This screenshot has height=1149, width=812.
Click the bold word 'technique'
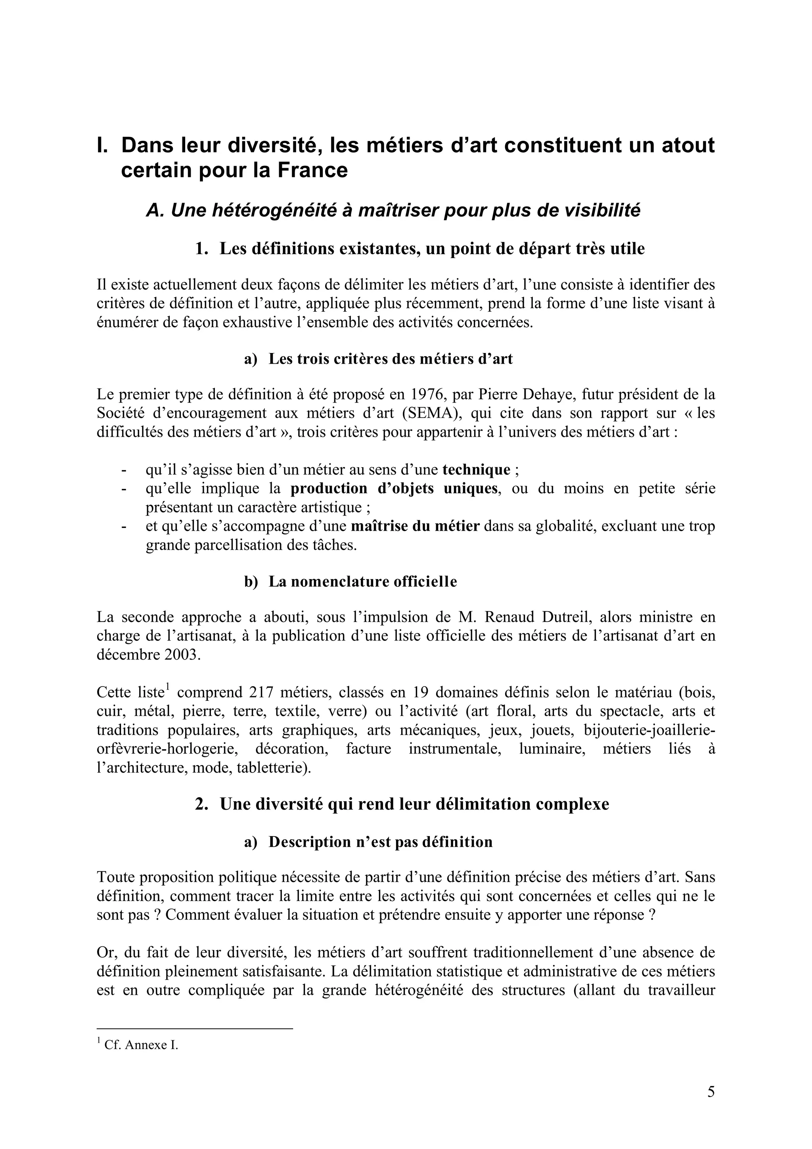(476, 470)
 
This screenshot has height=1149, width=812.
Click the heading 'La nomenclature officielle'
(363, 581)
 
